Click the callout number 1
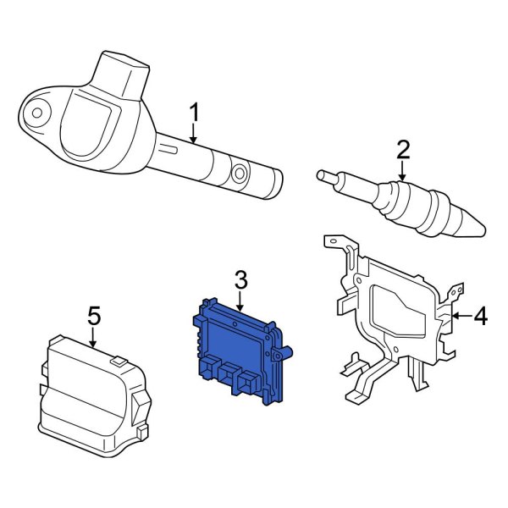(194, 112)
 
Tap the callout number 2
(402, 151)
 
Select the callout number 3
(240, 279)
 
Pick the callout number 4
(480, 317)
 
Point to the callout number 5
(94, 316)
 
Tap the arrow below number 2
(402, 173)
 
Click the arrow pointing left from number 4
(460, 317)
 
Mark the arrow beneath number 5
(94, 338)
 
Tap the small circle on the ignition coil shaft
(240, 174)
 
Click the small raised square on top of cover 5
(119, 362)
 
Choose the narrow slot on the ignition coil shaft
(169, 150)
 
